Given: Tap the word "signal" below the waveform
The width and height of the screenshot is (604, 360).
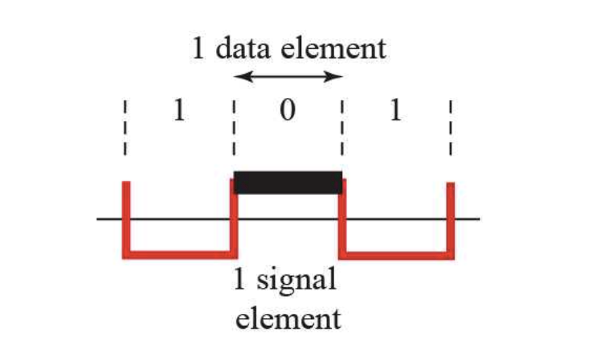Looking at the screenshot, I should click(x=298, y=281).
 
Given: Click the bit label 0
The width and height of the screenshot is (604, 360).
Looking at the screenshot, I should click(x=287, y=111).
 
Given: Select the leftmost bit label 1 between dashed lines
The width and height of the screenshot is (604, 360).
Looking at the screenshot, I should click(x=179, y=111).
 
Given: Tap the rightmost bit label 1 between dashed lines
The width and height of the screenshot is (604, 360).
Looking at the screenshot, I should click(x=395, y=111).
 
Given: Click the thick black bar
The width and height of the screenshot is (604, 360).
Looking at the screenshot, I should click(x=287, y=182).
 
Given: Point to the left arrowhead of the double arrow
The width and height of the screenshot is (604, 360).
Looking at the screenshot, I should click(x=239, y=76).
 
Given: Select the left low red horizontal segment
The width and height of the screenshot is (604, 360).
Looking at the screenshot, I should click(x=179, y=255).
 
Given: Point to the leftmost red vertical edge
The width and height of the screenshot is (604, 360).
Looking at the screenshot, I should click(x=125, y=218).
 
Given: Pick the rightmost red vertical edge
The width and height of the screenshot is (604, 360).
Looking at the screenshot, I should click(x=450, y=218).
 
